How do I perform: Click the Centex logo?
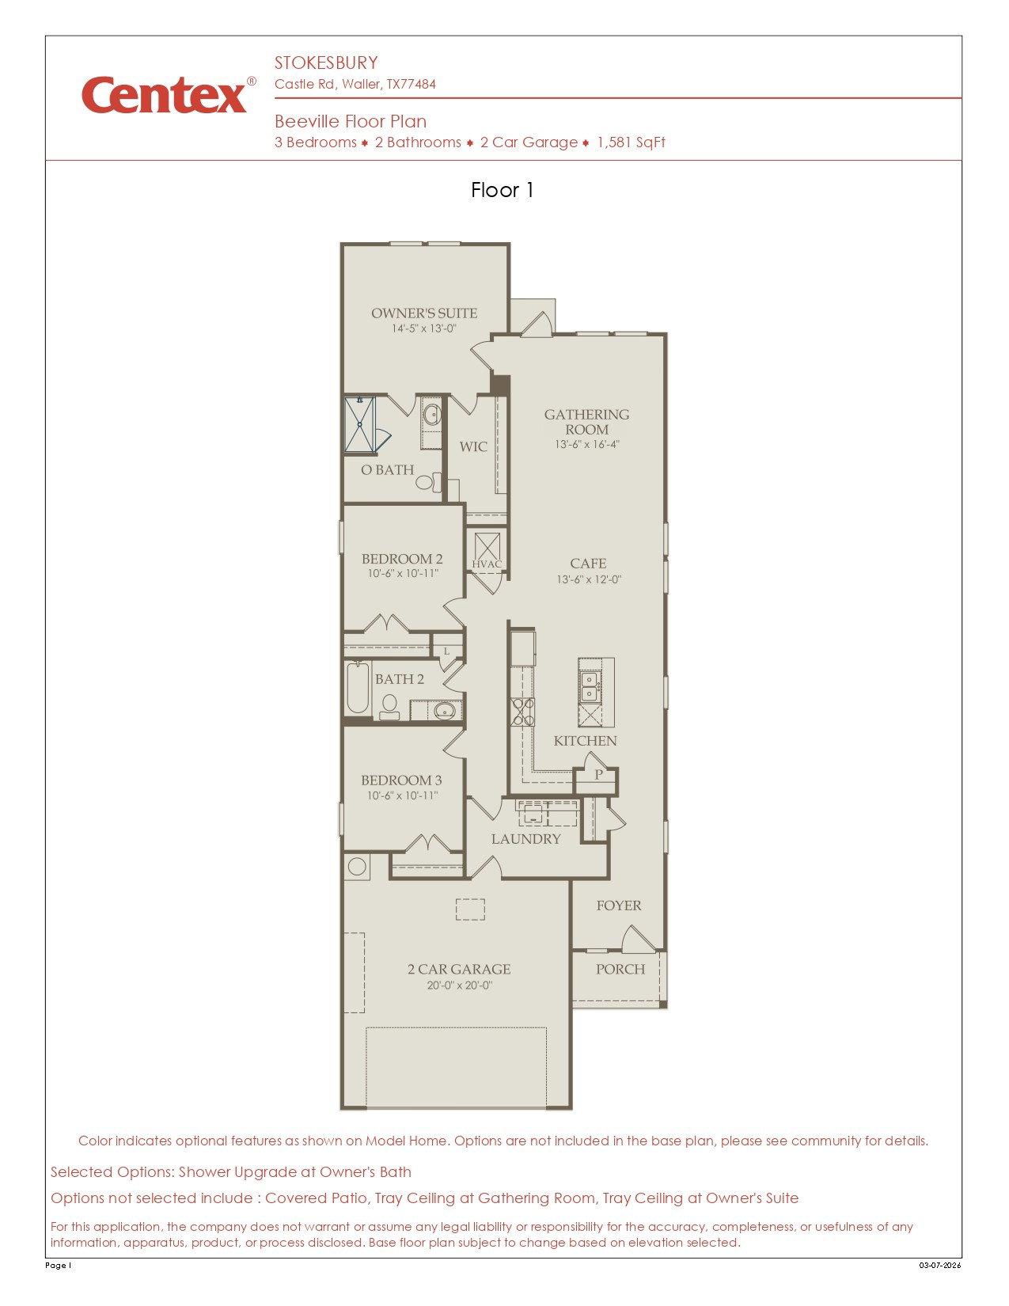[x=169, y=95]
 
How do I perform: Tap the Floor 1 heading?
[x=502, y=190]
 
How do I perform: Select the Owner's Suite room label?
[x=423, y=313]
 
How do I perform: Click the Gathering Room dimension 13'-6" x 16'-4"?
[x=586, y=444]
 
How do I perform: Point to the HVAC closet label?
[x=486, y=564]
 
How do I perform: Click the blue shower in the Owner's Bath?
[x=359, y=424]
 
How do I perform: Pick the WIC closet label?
[x=473, y=446]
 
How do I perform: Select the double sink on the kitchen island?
[x=590, y=686]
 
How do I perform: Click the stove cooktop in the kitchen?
[x=522, y=712]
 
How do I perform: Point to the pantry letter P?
[x=598, y=775]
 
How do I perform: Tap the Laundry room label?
[x=525, y=839]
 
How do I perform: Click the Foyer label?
[x=618, y=905]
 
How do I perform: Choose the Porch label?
[x=620, y=969]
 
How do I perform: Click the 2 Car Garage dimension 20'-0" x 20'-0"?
[x=459, y=985]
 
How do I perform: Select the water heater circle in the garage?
[x=357, y=867]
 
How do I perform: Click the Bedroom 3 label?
[x=401, y=780]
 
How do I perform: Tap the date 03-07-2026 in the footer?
[x=940, y=1265]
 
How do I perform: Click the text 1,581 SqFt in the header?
[x=631, y=142]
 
